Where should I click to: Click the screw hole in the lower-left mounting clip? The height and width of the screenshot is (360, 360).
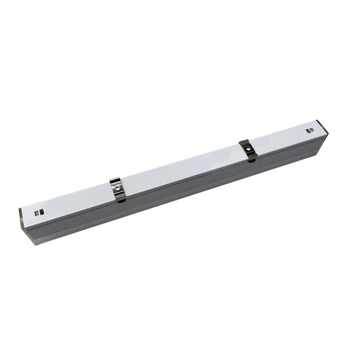click(x=119, y=188)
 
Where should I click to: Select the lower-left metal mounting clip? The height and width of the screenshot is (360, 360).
click(x=119, y=190)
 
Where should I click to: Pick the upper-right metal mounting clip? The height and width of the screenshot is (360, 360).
click(x=247, y=150)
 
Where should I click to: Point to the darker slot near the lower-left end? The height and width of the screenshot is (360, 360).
click(x=41, y=211)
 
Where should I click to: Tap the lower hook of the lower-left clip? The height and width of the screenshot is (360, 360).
click(x=121, y=199)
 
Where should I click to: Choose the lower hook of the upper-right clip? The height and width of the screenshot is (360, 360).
click(x=251, y=158)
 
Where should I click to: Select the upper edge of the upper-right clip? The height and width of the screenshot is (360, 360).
click(x=244, y=142)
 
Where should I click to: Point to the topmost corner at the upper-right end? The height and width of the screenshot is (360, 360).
click(x=320, y=120)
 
